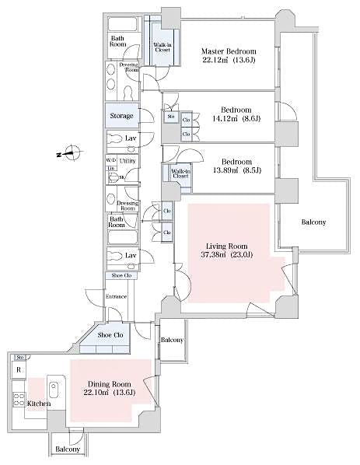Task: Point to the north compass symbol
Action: click(69, 153)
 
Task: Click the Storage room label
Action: click(121, 117)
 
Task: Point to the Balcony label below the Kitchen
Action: click(68, 449)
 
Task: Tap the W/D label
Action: click(111, 160)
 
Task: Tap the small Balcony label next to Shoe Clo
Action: click(171, 341)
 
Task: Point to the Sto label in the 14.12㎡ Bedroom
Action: click(171, 117)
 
